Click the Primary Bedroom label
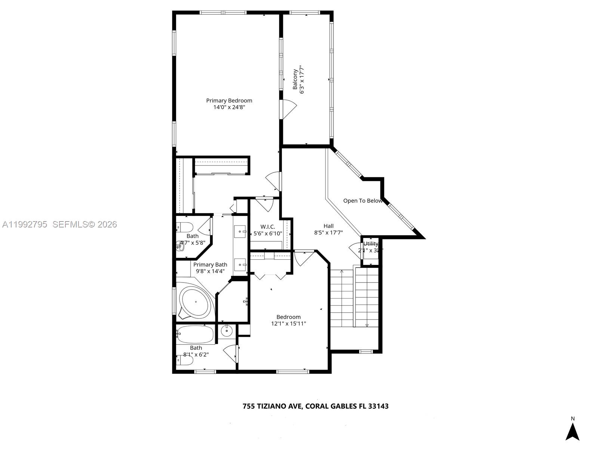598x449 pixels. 229,100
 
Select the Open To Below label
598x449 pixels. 363,201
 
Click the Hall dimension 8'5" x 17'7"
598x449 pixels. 329,232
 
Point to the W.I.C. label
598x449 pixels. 268,227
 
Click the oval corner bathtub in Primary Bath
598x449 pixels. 194,302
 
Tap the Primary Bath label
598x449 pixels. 210,265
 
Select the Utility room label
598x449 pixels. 370,244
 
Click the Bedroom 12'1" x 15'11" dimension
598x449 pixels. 289,324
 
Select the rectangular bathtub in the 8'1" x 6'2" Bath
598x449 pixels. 195,334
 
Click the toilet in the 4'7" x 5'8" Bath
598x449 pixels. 185,227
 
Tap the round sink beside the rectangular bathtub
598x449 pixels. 226,331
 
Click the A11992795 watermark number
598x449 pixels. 25,224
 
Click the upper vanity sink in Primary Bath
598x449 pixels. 240,232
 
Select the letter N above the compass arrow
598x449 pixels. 572,419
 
